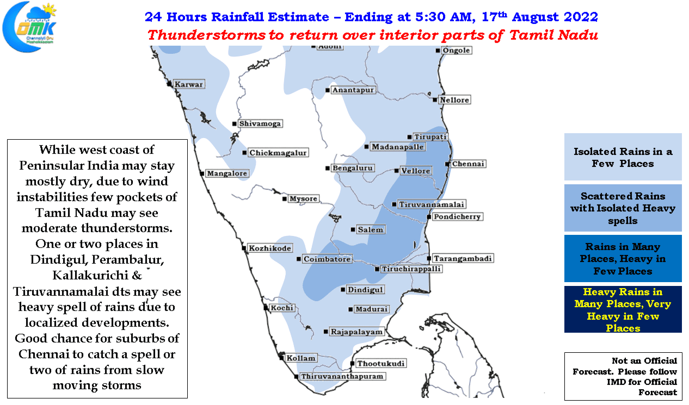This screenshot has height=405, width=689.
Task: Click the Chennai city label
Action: pos(468,164)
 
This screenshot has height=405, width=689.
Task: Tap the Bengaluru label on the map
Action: pos(353,168)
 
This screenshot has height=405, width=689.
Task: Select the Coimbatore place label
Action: pos(327,259)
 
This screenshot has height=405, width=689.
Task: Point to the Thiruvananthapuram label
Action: pos(342,376)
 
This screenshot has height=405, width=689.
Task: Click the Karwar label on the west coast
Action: pos(188,84)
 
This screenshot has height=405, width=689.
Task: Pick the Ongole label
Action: pos(456,51)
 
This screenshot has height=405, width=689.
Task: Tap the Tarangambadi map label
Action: pos(463,258)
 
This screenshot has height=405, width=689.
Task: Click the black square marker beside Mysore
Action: pos(285,199)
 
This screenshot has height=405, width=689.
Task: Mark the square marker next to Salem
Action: pos(353,229)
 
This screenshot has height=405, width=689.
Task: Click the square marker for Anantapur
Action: pos(328,90)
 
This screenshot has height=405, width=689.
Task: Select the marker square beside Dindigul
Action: pos(343,289)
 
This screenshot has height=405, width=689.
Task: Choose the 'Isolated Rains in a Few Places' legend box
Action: pos(623,157)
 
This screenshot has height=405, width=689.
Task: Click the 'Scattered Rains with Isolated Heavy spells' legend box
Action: pos(623,208)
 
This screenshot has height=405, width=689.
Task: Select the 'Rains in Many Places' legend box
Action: pos(623,258)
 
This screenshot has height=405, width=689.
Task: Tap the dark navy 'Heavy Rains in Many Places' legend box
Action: pos(623,309)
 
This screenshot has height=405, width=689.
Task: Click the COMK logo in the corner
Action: pos(30,27)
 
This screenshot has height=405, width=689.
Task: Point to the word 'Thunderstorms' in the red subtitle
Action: pos(206,35)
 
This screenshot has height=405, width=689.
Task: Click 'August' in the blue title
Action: pos(535,17)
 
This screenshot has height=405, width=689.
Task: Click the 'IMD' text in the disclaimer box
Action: pos(616,382)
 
